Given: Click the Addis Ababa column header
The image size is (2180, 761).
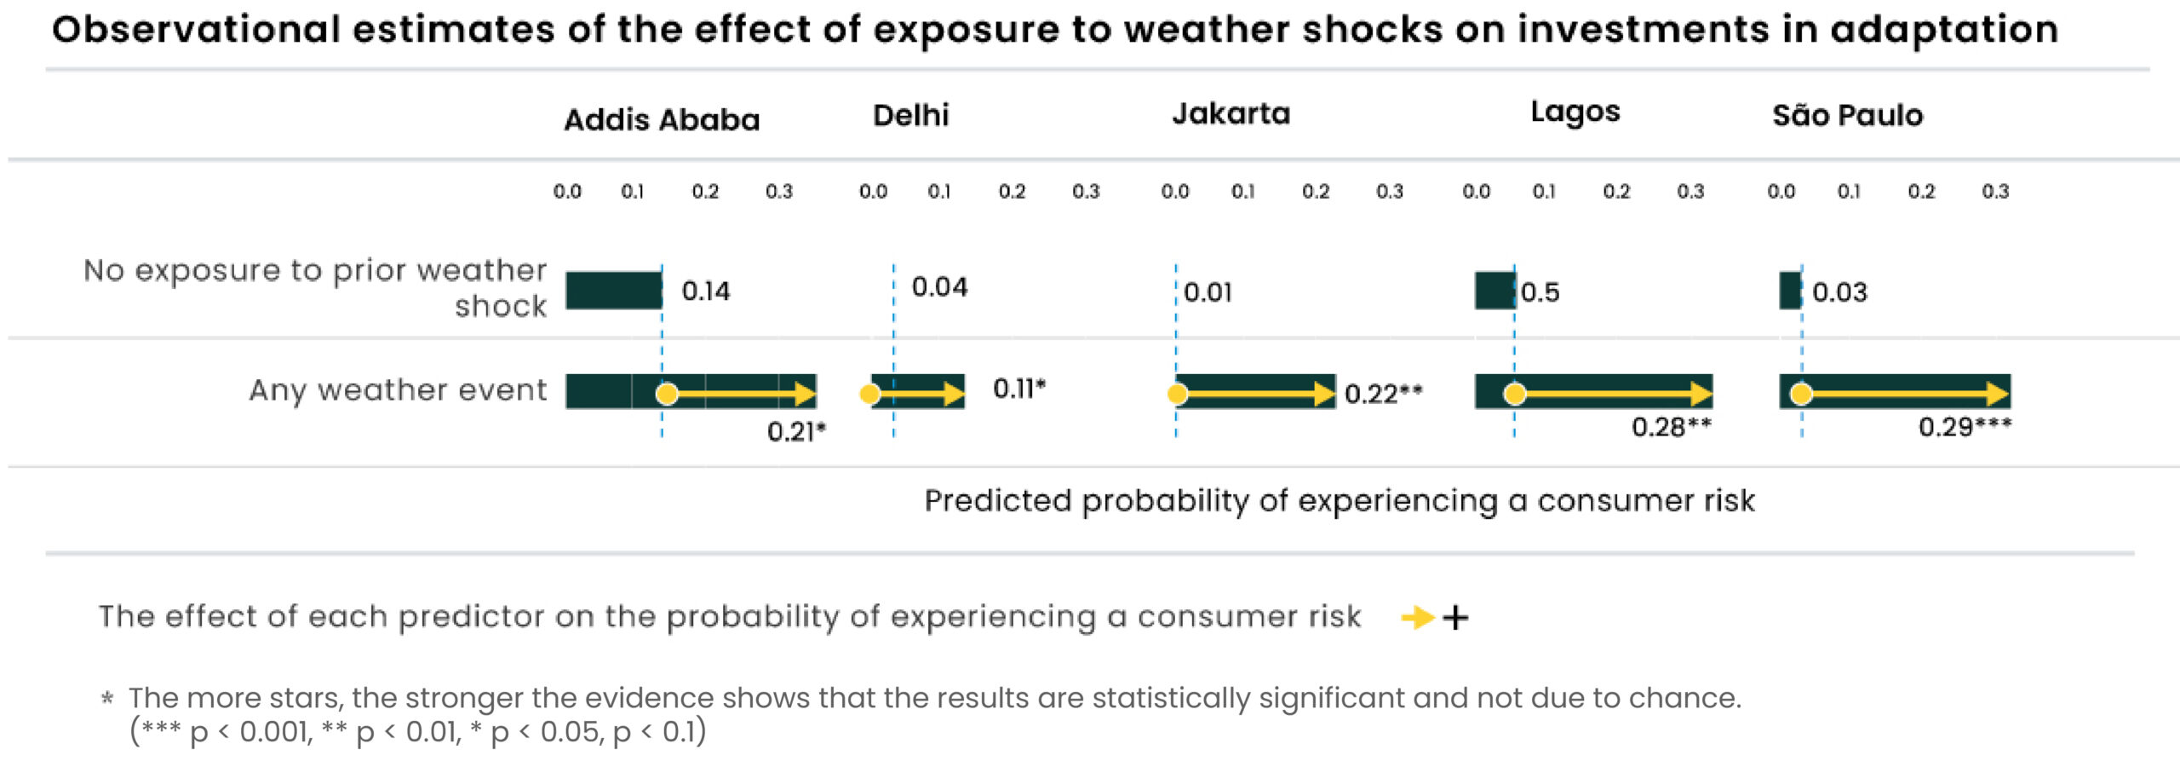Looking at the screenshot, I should pyautogui.click(x=662, y=120).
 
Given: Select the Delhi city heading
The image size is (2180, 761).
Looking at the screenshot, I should pyautogui.click(x=910, y=115).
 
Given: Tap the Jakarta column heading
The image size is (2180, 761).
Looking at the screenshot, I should pyautogui.click(x=1231, y=113).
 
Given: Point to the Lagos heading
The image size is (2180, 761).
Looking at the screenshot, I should pyautogui.click(x=1575, y=112).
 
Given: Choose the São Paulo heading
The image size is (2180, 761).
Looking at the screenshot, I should pyautogui.click(x=1847, y=115).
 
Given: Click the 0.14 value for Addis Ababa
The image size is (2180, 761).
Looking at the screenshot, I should pyautogui.click(x=705, y=291).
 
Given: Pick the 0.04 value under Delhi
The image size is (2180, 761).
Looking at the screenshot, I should pyautogui.click(x=939, y=287).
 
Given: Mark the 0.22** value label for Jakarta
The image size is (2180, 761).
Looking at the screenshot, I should pyautogui.click(x=1383, y=394).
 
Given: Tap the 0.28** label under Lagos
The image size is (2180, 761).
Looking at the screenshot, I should pyautogui.click(x=1671, y=427).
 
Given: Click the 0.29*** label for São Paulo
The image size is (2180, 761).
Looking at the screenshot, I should pyautogui.click(x=1964, y=427).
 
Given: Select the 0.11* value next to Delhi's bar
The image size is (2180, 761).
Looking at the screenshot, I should pyautogui.click(x=1018, y=389).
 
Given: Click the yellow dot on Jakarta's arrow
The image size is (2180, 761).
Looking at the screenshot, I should pyautogui.click(x=1177, y=394).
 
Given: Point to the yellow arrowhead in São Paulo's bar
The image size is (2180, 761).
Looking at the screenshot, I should pyautogui.click(x=1998, y=394).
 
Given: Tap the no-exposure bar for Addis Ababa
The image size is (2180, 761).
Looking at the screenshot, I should pyautogui.click(x=613, y=291).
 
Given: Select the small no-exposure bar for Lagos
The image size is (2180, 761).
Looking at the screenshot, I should pyautogui.click(x=1494, y=291).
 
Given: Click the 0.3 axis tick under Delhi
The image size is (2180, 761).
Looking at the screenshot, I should pyautogui.click(x=1086, y=192).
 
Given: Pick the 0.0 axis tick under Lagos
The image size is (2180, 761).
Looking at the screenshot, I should pyautogui.click(x=1476, y=192).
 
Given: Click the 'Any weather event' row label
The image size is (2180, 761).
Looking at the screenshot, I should pyautogui.click(x=398, y=390).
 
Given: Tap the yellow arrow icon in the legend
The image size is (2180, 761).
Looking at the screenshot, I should pyautogui.click(x=1418, y=617).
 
